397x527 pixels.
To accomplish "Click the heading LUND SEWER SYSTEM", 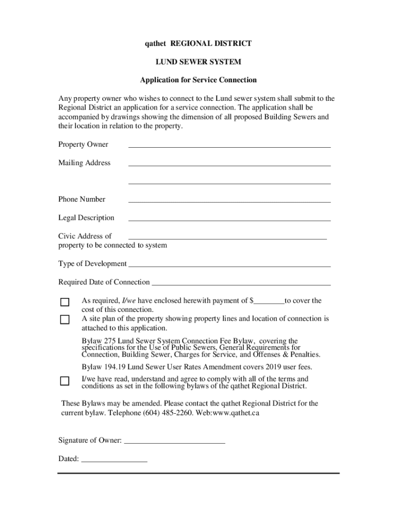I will point(198,62).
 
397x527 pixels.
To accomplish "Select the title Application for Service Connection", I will point(198,80).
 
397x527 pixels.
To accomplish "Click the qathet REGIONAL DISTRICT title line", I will point(198,44).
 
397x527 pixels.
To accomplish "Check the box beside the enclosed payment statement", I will point(64,302).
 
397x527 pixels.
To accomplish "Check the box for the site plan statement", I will point(64,320).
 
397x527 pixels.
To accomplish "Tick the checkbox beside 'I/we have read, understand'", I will point(64,381).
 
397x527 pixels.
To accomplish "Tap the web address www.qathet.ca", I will point(235,413).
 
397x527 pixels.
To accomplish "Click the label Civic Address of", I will point(85,236).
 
